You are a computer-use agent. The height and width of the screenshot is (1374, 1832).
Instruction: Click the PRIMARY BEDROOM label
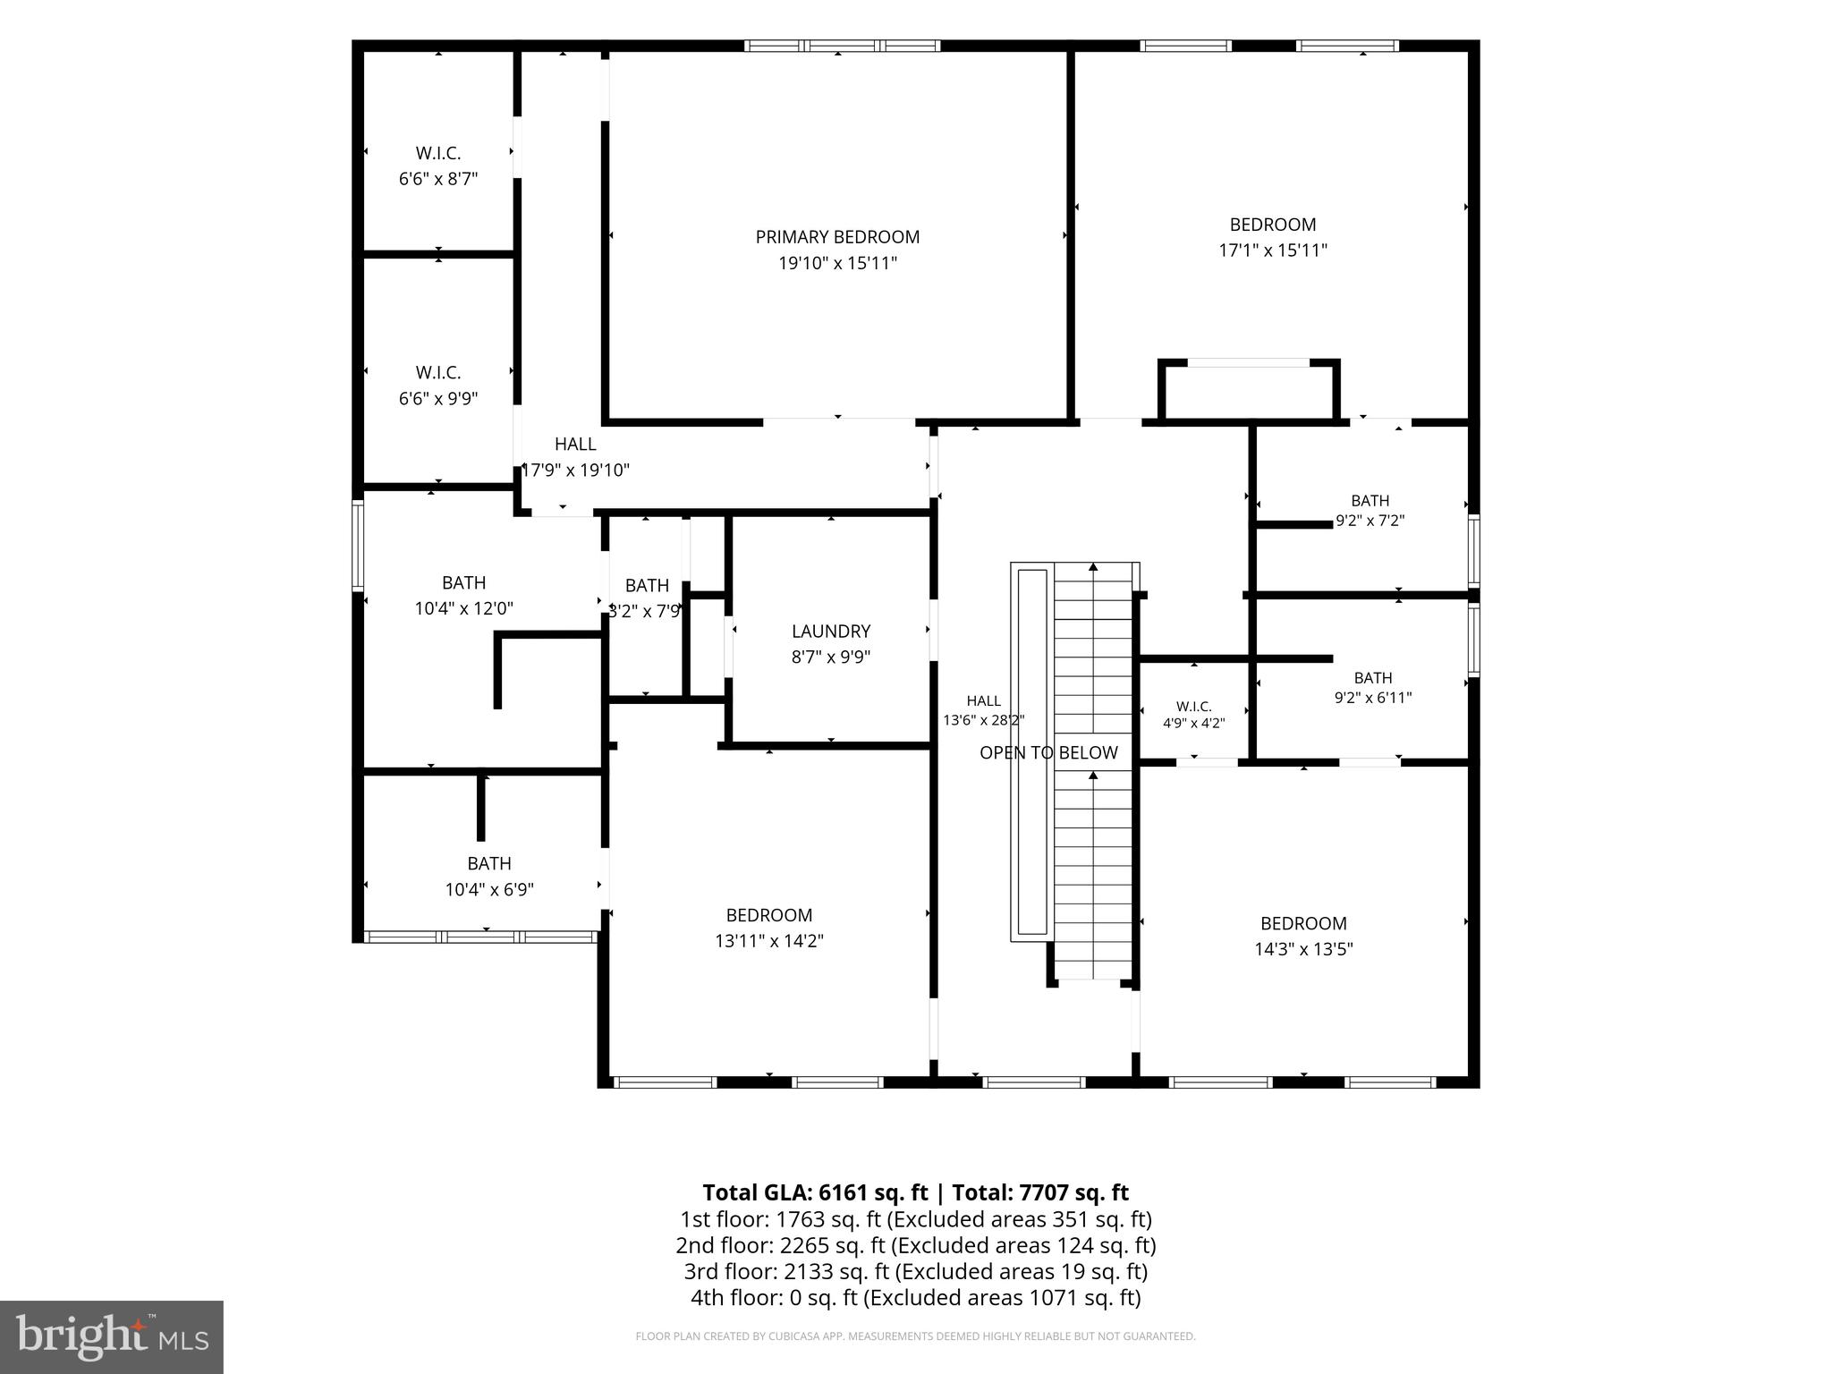point(837,237)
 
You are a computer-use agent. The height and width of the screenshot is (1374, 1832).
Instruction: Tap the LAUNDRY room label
point(830,632)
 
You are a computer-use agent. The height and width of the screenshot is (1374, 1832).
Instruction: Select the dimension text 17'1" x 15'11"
point(1273,250)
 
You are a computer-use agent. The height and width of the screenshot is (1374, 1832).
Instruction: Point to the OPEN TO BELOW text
point(1048,753)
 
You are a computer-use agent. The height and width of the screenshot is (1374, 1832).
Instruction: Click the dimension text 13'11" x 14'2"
point(769,941)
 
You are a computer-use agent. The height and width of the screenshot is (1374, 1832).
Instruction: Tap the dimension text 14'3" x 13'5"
point(1303,949)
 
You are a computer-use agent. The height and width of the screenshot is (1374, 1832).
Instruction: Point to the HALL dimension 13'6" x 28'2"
point(984,719)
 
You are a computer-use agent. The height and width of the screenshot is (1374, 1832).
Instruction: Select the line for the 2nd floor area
point(916,1245)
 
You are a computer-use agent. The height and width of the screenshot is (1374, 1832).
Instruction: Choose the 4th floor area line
point(916,1297)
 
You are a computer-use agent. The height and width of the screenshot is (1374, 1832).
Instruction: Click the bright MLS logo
point(112,1337)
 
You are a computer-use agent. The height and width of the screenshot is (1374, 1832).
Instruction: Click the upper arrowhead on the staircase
point(1093,566)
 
